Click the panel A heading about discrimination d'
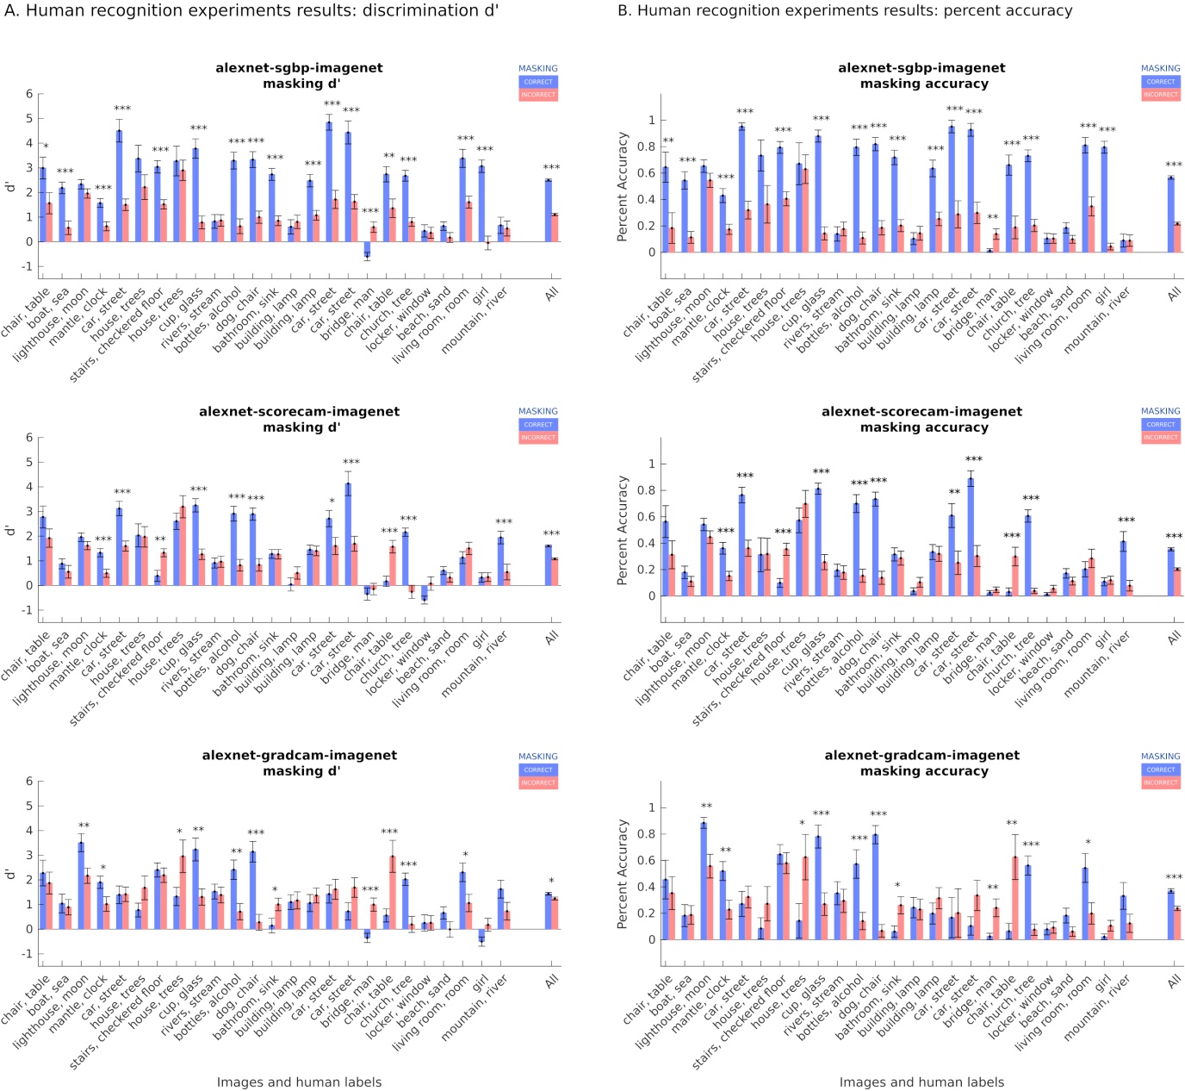click(x=251, y=11)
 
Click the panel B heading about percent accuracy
click(x=845, y=11)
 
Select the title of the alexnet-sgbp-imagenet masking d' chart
click(x=299, y=76)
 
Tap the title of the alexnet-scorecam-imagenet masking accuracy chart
click(x=921, y=420)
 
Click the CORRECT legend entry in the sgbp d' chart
click(x=538, y=82)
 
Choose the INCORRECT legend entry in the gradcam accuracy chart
click(x=1160, y=782)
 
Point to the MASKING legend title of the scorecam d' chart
click(x=537, y=412)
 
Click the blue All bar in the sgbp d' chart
click(x=548, y=210)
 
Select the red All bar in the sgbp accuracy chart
click(x=1177, y=238)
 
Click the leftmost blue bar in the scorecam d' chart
click(x=42, y=551)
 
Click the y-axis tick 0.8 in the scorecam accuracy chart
click(x=646, y=490)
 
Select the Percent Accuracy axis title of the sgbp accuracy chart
click(x=623, y=187)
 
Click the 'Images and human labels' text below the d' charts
click(x=299, y=1082)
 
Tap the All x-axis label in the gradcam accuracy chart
click(x=1174, y=981)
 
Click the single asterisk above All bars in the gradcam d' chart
click(x=551, y=882)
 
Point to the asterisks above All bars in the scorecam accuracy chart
click(x=1174, y=536)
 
